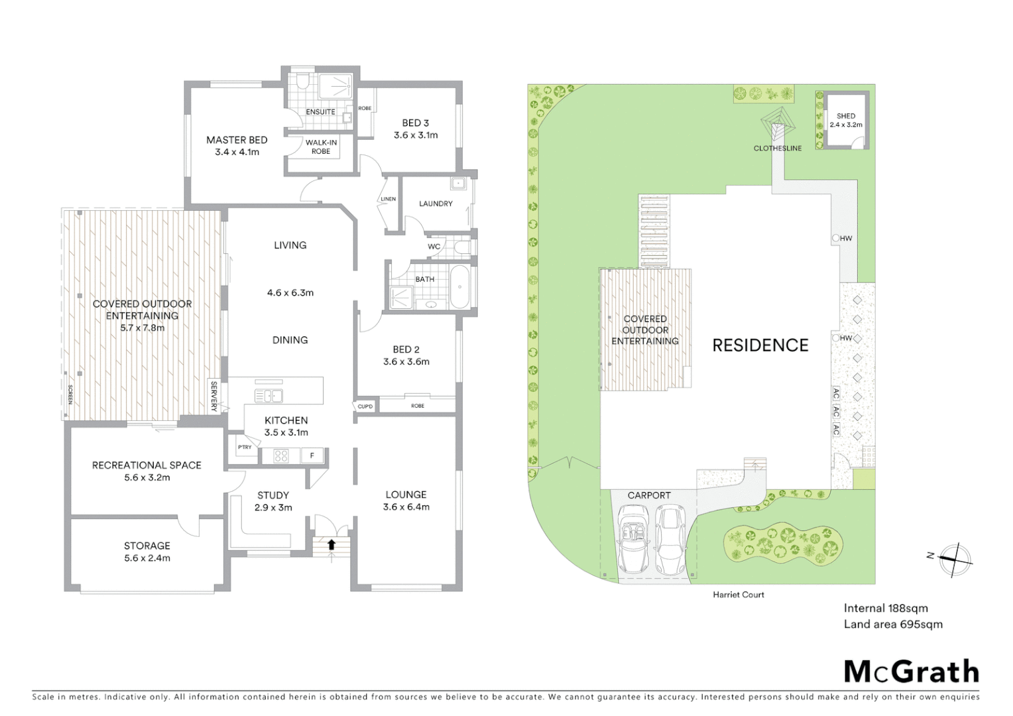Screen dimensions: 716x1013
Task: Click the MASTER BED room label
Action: pos(237,140)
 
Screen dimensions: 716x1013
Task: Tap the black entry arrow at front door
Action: pos(331,544)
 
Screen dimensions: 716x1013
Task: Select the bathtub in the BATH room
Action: pos(459,287)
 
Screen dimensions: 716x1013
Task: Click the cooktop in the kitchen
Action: pos(281,455)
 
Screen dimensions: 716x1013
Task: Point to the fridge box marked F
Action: pos(312,455)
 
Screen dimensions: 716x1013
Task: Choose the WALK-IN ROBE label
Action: pos(321,147)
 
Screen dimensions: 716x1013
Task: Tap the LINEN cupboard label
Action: pos(388,199)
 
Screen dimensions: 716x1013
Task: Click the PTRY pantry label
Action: pos(245,447)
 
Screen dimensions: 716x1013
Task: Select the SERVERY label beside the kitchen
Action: pos(213,396)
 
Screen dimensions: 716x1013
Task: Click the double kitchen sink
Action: pos(268,396)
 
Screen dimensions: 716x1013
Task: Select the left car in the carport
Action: pos(634,538)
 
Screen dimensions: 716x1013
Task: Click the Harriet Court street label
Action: pos(739,595)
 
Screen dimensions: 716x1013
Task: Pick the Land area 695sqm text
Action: pos(892,624)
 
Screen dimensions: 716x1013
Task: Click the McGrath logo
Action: pos(911,672)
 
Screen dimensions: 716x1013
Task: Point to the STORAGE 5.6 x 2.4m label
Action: pos(147,552)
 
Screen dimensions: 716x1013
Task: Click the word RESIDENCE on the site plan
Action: pos(760,345)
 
